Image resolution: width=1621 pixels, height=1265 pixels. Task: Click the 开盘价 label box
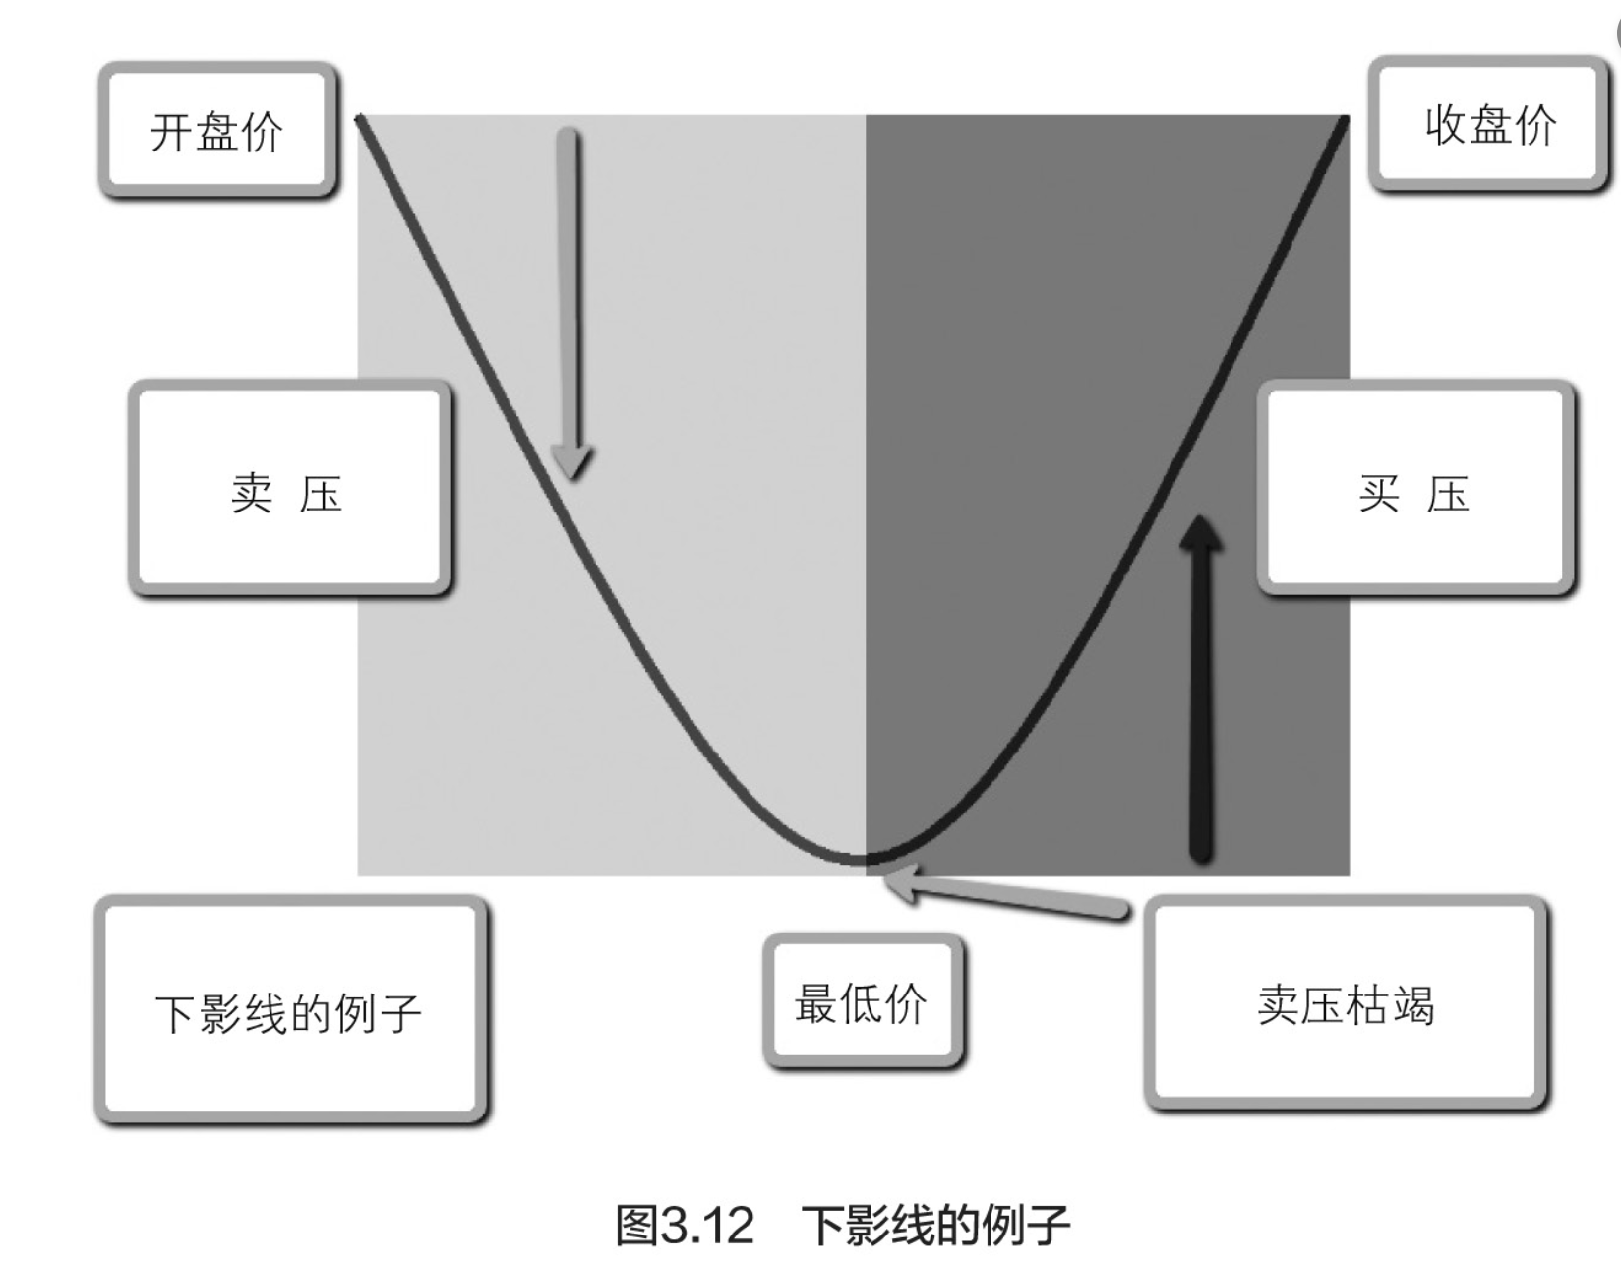click(217, 130)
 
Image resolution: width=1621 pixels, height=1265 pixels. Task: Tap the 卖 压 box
click(289, 490)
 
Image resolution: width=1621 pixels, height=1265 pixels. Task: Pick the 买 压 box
click(1415, 490)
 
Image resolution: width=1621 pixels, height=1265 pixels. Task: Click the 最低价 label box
click(862, 1002)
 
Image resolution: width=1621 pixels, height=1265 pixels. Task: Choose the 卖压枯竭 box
click(1346, 1004)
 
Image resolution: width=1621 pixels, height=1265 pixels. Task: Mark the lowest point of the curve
click(864, 861)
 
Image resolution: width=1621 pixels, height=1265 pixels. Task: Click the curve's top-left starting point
click(360, 118)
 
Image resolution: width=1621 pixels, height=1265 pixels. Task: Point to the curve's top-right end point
click(1346, 118)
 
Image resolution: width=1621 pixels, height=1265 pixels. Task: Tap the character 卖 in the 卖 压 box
click(252, 492)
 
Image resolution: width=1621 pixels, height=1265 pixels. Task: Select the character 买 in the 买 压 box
click(1379, 492)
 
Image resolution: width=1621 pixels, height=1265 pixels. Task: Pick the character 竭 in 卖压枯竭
click(1413, 1005)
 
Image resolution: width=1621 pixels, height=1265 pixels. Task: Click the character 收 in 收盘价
click(1446, 125)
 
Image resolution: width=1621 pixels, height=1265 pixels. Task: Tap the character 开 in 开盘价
click(171, 132)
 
